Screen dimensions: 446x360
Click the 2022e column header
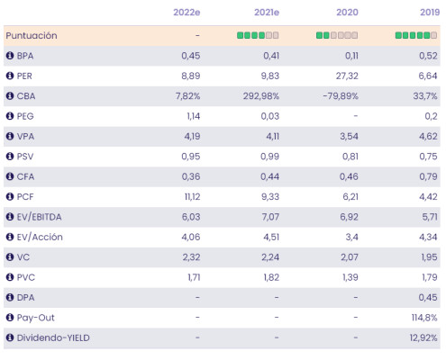pos(187,13)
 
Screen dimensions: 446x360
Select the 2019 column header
pos(430,13)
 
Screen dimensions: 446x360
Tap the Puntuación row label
pos(32,36)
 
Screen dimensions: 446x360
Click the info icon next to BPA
pos(10,56)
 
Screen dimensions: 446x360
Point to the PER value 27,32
pos(347,76)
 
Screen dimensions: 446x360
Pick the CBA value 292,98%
pos(261,96)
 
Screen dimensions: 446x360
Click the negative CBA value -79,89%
pos(341,96)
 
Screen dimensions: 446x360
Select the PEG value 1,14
pos(194,116)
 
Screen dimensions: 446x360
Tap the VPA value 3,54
pos(349,136)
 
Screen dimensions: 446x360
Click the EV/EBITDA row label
pos(39,217)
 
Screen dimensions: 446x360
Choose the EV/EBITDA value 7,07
pos(270,217)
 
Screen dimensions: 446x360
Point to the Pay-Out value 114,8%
pos(424,318)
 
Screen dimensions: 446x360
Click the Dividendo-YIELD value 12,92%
pos(423,337)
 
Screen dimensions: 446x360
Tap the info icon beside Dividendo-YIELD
pos(10,337)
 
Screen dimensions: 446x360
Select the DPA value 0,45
pos(428,297)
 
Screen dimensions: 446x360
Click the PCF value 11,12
pos(192,197)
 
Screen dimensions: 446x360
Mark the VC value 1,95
pos(429,257)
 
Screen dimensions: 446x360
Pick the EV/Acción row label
pos(40,237)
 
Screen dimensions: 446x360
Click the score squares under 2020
pos(337,35)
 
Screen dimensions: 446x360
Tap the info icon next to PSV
pos(10,157)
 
